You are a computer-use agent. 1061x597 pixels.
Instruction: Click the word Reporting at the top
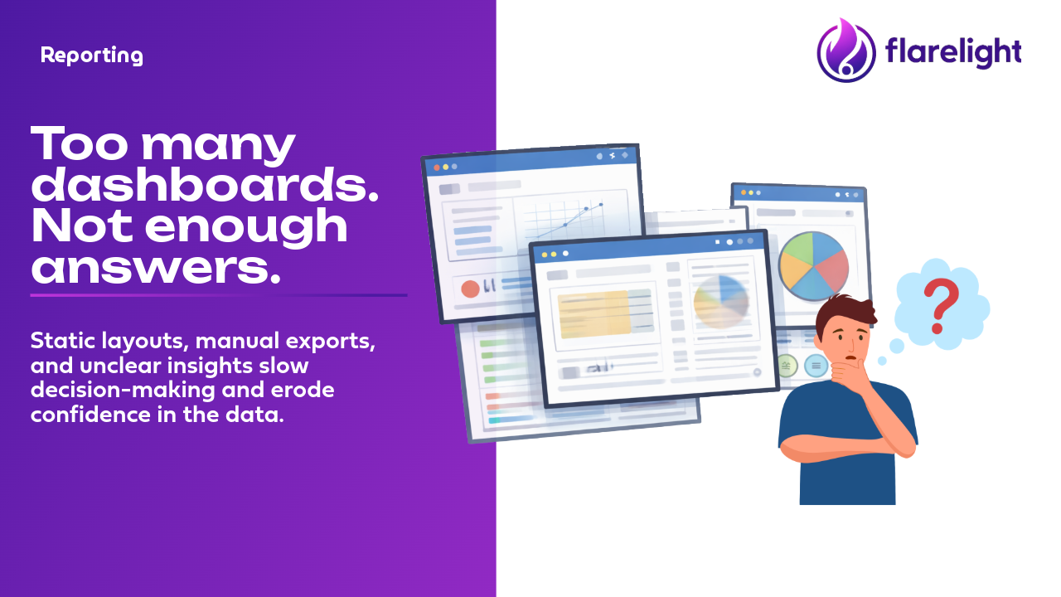[91, 56]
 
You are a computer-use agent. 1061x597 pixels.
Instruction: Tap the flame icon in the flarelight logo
[846, 50]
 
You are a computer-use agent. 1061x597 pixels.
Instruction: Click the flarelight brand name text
[953, 51]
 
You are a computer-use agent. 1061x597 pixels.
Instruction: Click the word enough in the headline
[246, 227]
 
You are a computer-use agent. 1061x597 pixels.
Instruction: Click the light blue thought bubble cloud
[942, 304]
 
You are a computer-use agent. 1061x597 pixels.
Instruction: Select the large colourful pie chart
[813, 266]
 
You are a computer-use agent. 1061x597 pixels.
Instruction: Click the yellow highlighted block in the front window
[594, 314]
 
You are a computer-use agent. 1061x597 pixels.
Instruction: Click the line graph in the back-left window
[569, 221]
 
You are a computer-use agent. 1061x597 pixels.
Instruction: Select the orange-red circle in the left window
[470, 289]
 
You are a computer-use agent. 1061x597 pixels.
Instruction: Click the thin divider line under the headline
[219, 295]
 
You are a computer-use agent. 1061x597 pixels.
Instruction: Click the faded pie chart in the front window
[721, 302]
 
